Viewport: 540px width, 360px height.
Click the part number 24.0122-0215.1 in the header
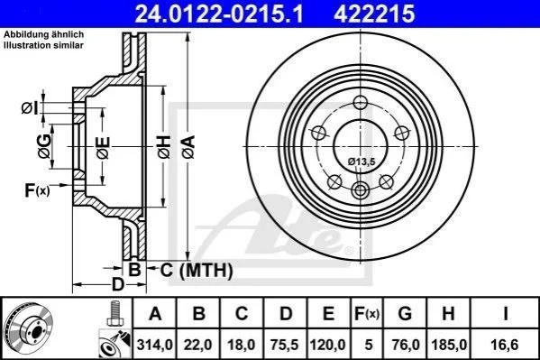pos(219,14)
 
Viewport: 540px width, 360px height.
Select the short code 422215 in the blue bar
pos(373,14)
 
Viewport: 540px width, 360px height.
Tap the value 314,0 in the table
pos(155,345)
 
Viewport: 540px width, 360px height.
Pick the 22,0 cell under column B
pos(198,345)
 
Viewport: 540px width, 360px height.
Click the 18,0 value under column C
pos(242,345)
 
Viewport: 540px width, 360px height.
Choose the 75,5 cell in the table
pos(285,345)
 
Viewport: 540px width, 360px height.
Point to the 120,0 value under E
pos(328,345)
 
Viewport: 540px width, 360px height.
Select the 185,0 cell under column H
pos(449,345)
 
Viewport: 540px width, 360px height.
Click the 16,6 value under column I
pos(505,345)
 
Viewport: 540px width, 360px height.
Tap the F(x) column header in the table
pos(367,314)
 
